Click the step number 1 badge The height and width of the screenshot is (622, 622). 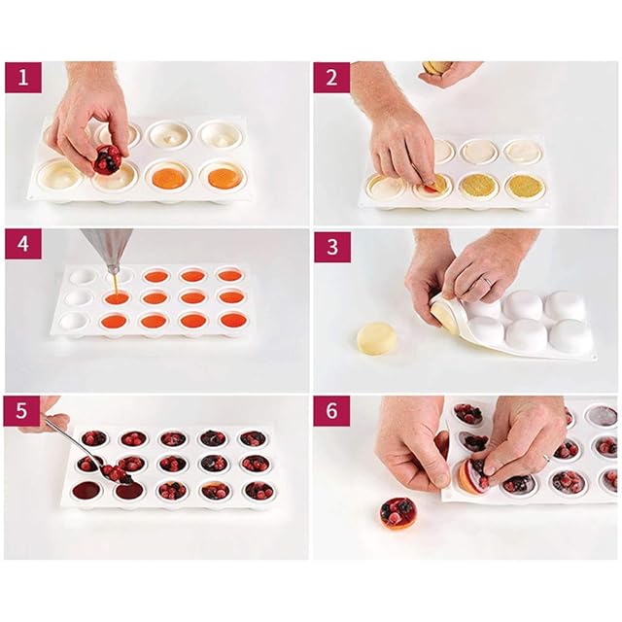point(23,78)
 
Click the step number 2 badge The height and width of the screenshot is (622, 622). point(332,78)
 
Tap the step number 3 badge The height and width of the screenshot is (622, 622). point(332,247)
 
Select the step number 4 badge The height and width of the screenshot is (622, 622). point(23,244)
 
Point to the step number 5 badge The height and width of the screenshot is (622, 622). point(21,410)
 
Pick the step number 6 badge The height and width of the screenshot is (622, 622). point(332,410)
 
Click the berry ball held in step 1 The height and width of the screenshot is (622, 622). point(107,159)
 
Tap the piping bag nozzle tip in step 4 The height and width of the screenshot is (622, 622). point(113,273)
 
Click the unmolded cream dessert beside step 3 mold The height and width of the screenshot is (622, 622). point(374,337)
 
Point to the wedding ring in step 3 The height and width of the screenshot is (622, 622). point(489,281)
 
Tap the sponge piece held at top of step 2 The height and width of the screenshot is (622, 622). point(436,67)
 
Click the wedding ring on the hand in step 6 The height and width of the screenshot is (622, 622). point(547,458)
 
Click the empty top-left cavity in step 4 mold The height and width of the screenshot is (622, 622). point(82,276)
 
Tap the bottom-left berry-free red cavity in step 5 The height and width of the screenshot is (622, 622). point(87,490)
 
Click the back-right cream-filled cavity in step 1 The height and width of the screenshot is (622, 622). point(220,134)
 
